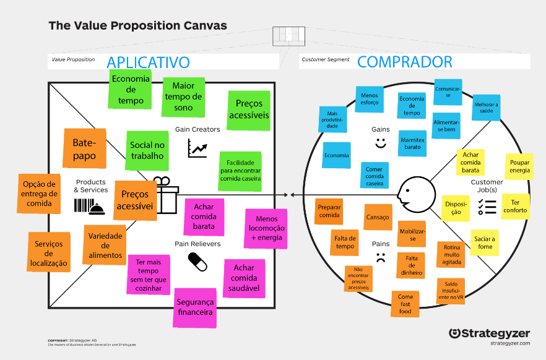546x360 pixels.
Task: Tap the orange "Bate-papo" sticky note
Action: tap(84, 148)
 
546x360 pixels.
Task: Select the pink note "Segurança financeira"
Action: tap(195, 307)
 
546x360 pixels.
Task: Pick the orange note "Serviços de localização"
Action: tap(49, 252)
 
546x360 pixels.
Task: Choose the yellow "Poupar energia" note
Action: tap(519, 166)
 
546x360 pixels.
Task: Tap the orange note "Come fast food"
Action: tap(405, 304)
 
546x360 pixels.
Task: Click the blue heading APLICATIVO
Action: tap(148, 62)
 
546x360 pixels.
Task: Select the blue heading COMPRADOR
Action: tap(405, 62)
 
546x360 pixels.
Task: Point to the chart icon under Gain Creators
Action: tap(197, 148)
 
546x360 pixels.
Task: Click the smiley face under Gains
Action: tap(380, 144)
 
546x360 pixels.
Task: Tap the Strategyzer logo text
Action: tap(489, 333)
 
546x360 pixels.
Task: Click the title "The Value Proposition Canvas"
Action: tap(137, 26)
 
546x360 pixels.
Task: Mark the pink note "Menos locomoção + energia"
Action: tap(267, 228)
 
